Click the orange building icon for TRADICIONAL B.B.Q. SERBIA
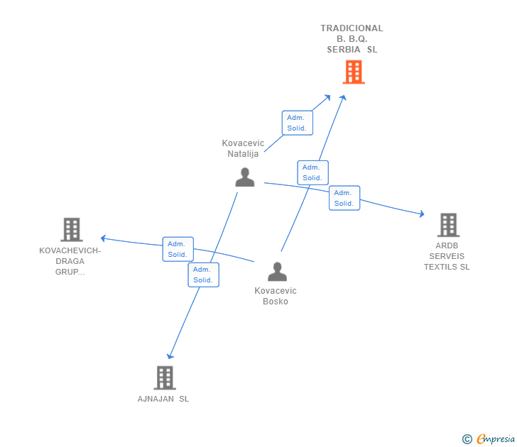pyautogui.click(x=354, y=72)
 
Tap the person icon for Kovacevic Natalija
pyautogui.click(x=244, y=177)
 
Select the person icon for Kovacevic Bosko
pyautogui.click(x=277, y=272)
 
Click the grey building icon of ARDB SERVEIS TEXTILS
pyautogui.click(x=448, y=225)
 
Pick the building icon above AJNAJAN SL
pyautogui.click(x=165, y=378)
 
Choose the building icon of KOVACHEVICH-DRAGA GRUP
pyautogui.click(x=72, y=230)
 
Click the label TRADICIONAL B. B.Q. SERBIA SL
pyautogui.click(x=352, y=39)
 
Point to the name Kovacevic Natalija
pyautogui.click(x=243, y=148)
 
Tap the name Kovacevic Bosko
pyautogui.click(x=276, y=296)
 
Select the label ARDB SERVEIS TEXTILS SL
pyautogui.click(x=447, y=256)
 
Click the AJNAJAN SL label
pyautogui.click(x=163, y=399)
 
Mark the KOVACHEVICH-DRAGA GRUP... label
pyautogui.click(x=70, y=261)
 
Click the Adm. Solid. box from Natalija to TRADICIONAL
pyautogui.click(x=297, y=123)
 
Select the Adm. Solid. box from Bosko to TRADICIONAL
pyautogui.click(x=312, y=172)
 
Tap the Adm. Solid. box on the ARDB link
pyautogui.click(x=344, y=198)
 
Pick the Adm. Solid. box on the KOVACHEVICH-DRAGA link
pyautogui.click(x=178, y=249)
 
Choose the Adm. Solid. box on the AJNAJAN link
pyautogui.click(x=203, y=275)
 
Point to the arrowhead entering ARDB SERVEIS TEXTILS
pyautogui.click(x=422, y=214)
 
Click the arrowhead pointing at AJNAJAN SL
pyautogui.click(x=170, y=355)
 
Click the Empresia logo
pyautogui.click(x=489, y=438)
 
